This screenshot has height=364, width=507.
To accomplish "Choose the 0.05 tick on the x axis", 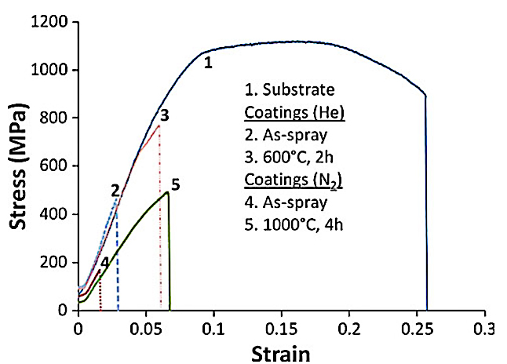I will point(146,326).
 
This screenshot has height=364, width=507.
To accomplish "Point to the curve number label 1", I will point(208,63).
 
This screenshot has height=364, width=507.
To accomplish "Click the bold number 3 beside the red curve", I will point(164,115).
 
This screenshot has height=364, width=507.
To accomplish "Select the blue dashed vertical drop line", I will point(118,259).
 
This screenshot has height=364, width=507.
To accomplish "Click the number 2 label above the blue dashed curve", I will point(115,191).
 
